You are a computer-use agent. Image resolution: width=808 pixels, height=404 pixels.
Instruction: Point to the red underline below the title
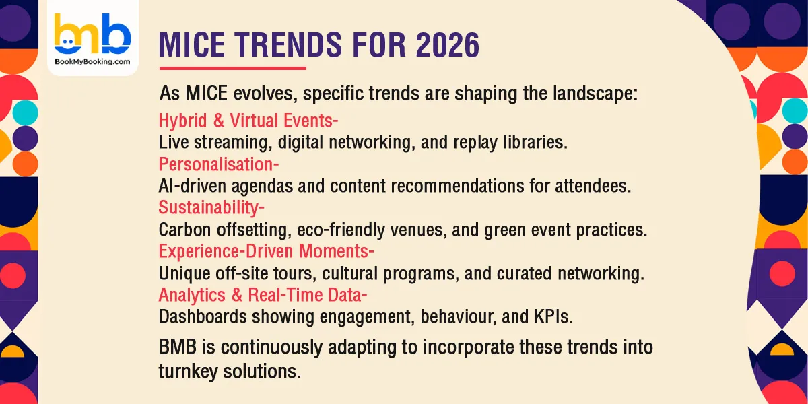[x=232, y=67]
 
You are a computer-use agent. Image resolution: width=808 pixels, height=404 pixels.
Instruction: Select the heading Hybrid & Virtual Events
[x=248, y=121]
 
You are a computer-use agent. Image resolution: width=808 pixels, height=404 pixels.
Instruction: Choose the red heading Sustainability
[x=211, y=207]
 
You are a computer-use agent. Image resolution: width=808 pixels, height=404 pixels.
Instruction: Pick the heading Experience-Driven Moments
[x=266, y=251]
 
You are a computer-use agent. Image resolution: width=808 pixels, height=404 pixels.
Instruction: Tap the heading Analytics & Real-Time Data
[x=263, y=295]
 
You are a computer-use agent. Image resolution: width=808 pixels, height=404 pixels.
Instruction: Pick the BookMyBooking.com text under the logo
[x=93, y=61]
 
